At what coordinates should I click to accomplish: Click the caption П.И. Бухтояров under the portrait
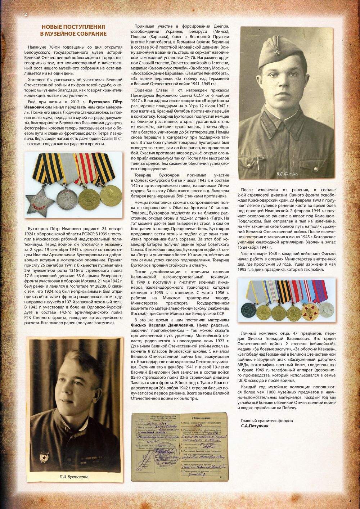tap(74, 477)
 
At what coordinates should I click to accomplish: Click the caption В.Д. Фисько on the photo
tap(287, 174)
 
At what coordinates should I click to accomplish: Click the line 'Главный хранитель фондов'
tap(267, 420)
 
